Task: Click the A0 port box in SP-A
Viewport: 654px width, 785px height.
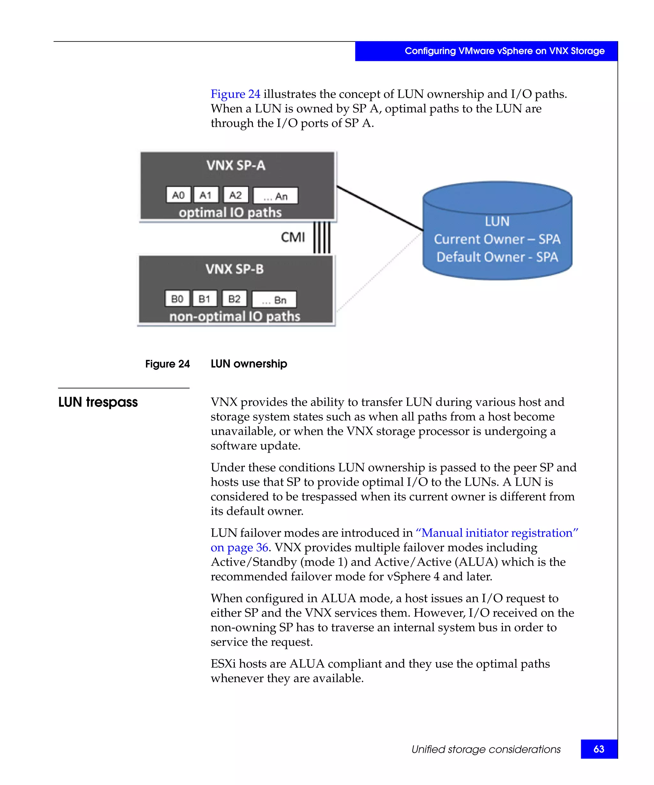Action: [x=178, y=195]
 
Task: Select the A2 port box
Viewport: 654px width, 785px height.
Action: [x=235, y=195]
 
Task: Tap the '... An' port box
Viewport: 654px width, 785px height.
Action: [x=276, y=196]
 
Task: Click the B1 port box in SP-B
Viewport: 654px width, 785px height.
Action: [x=204, y=299]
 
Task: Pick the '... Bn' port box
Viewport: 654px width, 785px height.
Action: [x=274, y=300]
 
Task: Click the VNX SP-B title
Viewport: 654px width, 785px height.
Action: [x=234, y=269]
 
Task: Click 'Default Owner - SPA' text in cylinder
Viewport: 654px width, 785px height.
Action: [x=497, y=257]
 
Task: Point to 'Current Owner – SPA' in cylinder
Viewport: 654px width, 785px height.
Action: [x=497, y=239]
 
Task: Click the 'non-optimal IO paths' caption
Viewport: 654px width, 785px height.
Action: [x=234, y=316]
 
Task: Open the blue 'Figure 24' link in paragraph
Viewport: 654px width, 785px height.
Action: [x=235, y=94]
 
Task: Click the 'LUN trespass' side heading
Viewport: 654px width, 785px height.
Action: [x=98, y=402]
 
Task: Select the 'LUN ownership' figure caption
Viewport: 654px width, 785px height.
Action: [x=248, y=364]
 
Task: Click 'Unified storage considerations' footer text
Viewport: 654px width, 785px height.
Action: [x=485, y=750]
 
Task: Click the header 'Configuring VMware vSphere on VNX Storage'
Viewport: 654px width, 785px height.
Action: [x=504, y=51]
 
